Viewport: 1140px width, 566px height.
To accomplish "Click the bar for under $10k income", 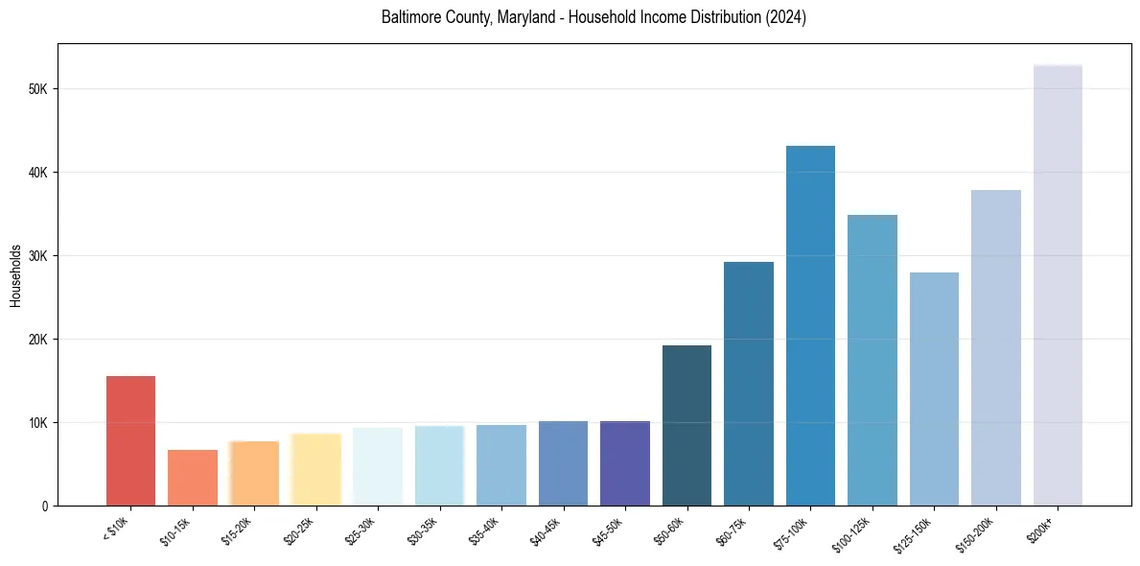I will pyautogui.click(x=130, y=440).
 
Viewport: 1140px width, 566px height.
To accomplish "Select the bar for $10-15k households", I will pyautogui.click(x=193, y=478).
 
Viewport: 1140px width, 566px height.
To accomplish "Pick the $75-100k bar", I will pyautogui.click(x=810, y=326).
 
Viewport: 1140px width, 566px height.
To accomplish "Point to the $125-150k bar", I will pyautogui.click(x=934, y=389).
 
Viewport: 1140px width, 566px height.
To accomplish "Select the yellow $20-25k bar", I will pyautogui.click(x=315, y=469).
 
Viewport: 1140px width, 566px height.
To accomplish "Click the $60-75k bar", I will pyautogui.click(x=749, y=384).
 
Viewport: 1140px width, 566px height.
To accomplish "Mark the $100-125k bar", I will pyautogui.click(x=872, y=360).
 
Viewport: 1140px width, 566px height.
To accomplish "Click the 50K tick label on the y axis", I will pyautogui.click(x=37, y=89).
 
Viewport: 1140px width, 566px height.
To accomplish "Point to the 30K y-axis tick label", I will pyautogui.click(x=37, y=256).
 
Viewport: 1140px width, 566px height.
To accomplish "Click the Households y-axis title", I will pyautogui.click(x=15, y=275).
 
